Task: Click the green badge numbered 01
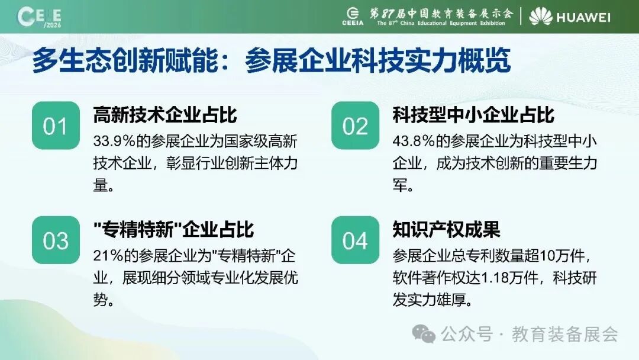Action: (56, 125)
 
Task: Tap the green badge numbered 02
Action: (356, 125)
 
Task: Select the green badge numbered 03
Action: (56, 240)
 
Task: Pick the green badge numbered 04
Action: (356, 240)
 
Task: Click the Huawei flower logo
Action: (541, 17)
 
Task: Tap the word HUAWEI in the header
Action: (583, 17)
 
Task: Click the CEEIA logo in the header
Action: (353, 17)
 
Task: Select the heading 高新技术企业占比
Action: (165, 115)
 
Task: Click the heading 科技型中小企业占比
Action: (473, 115)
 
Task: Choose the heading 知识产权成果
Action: (447, 230)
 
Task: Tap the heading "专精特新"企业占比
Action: (173, 230)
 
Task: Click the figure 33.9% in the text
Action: (114, 142)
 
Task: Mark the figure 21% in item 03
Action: (108, 256)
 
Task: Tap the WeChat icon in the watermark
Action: (424, 335)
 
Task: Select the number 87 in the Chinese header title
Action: (388, 14)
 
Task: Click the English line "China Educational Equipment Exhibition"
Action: (453, 23)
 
